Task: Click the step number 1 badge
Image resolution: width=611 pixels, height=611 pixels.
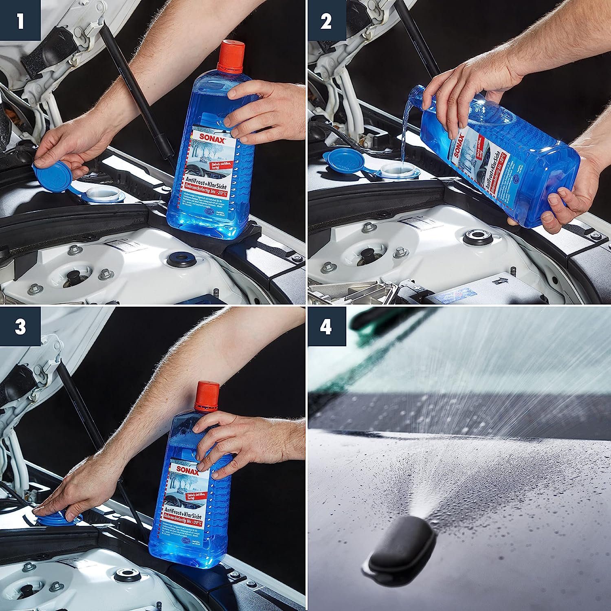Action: point(20,21)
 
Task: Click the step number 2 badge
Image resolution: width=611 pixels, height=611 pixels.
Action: point(326,21)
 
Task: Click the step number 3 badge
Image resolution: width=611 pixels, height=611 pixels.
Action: point(20,327)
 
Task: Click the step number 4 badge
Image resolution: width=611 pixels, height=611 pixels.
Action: point(326,327)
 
